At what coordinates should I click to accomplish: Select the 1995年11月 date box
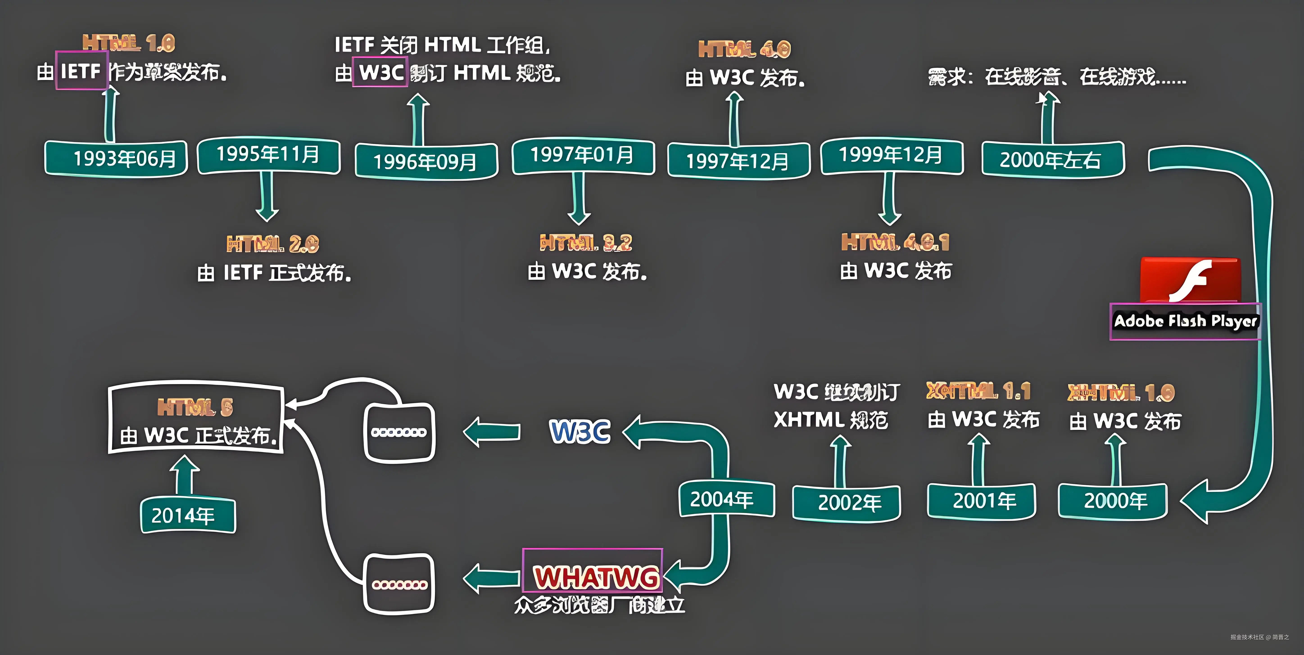268,155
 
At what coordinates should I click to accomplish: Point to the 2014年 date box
188,515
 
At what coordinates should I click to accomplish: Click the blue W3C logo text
580,431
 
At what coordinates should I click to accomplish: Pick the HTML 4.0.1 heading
895,242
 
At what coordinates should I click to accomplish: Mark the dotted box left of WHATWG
399,584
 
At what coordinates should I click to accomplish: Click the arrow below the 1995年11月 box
267,197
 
